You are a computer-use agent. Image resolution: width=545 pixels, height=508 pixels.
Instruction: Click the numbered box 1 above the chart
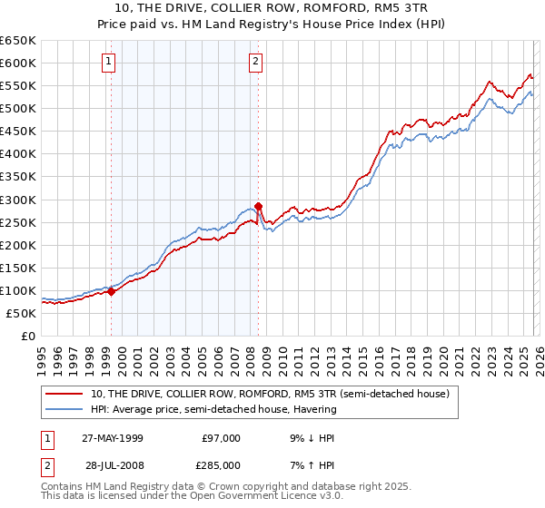[108, 62]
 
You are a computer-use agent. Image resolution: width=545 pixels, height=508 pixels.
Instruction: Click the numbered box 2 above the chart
[255, 62]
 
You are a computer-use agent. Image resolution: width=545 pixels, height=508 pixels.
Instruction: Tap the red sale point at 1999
[111, 292]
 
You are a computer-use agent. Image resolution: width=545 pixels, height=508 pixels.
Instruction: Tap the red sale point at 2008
[259, 206]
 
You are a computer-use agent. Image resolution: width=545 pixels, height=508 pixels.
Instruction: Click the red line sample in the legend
[65, 395]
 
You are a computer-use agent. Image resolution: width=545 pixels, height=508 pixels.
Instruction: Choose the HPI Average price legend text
[213, 409]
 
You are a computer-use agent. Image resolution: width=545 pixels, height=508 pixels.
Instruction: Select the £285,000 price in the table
[220, 465]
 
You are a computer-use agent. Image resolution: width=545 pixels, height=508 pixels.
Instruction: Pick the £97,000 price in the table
[220, 438]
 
